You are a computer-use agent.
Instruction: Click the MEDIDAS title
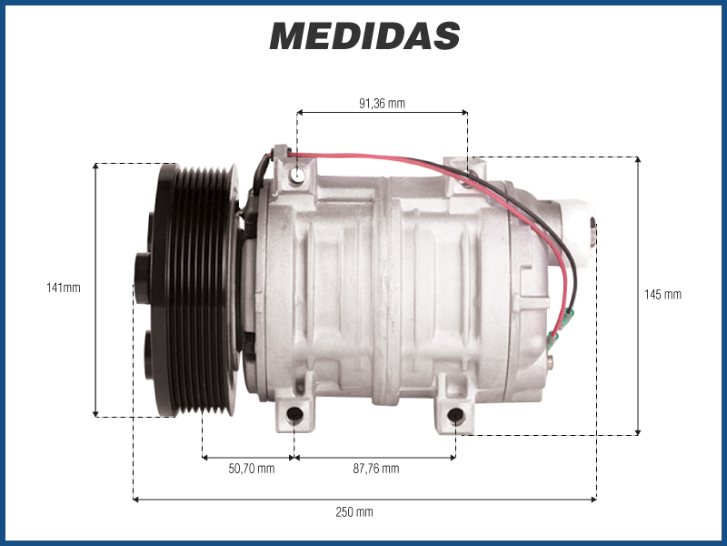[x=364, y=35]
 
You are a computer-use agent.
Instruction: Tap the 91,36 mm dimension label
[x=382, y=103]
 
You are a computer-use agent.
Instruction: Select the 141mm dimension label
[x=64, y=288]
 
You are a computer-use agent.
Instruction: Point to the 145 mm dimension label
[x=663, y=294]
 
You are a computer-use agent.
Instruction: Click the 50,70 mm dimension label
[x=252, y=469]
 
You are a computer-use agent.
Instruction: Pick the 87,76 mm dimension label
[x=376, y=469]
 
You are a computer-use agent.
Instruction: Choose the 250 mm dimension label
[x=354, y=512]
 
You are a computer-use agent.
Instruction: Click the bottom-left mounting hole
[x=294, y=415]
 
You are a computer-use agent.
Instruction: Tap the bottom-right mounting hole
[x=456, y=416]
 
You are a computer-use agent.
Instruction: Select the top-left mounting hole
[x=297, y=175]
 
